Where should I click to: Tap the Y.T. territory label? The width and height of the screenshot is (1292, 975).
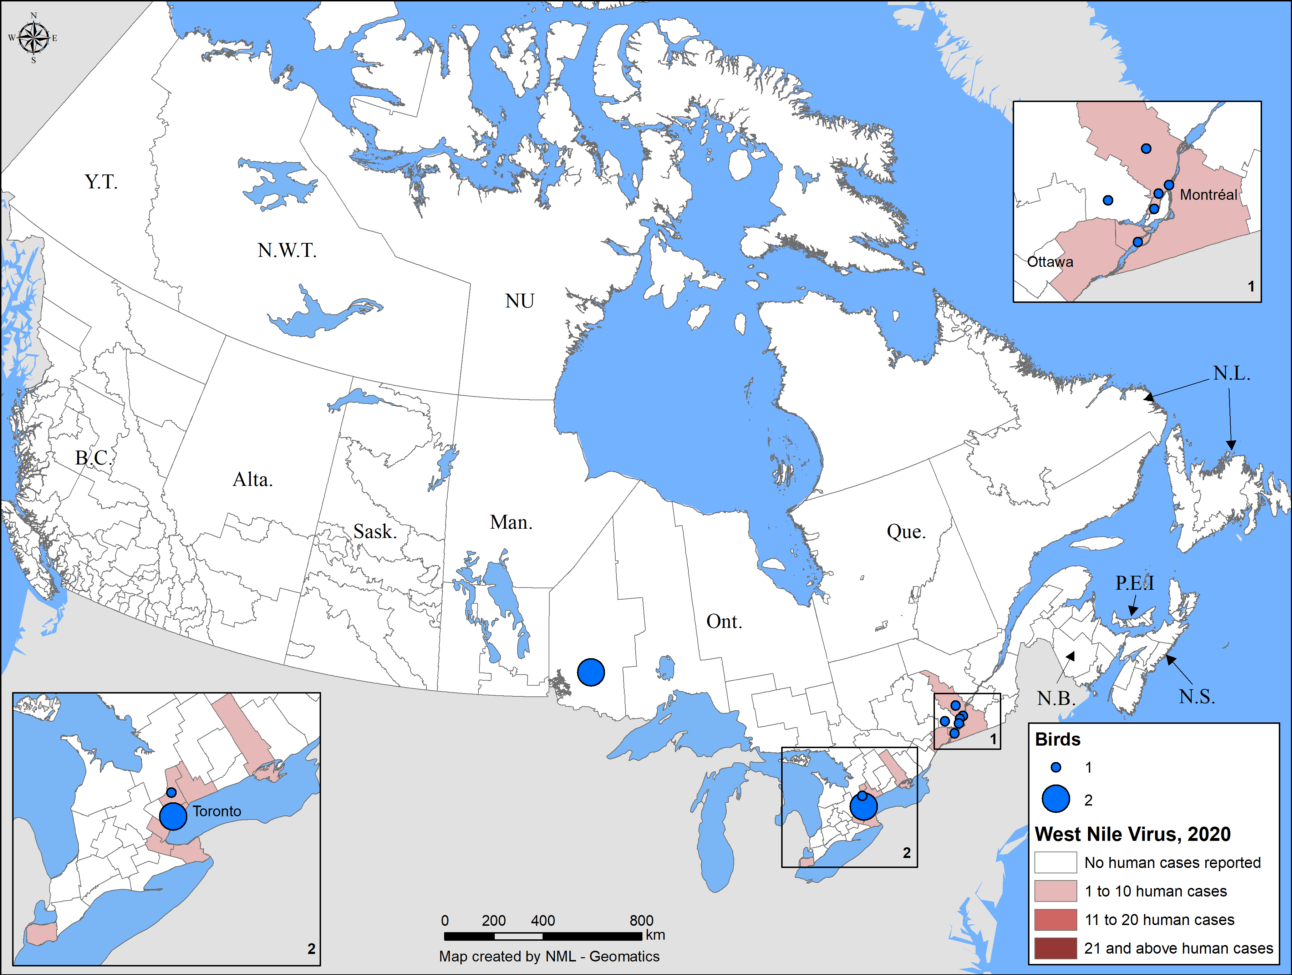(x=101, y=182)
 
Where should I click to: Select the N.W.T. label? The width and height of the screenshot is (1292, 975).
(x=287, y=250)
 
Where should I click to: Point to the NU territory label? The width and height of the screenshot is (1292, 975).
(x=519, y=301)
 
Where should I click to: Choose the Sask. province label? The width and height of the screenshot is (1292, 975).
(x=375, y=532)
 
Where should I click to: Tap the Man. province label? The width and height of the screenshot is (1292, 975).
(x=511, y=522)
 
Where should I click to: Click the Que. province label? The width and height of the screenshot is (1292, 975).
(x=906, y=532)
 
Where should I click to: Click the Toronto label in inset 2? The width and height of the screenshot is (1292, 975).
(x=217, y=811)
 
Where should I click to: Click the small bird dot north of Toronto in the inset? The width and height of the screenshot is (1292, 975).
(x=171, y=792)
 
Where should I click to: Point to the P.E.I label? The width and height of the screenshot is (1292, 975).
(x=1134, y=583)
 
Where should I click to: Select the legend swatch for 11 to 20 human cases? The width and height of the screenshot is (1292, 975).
(x=1055, y=919)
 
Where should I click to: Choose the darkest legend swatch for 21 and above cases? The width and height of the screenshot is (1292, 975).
(x=1055, y=948)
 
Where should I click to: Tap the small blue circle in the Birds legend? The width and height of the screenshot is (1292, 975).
(x=1056, y=767)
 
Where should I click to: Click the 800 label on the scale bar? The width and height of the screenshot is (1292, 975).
(x=641, y=921)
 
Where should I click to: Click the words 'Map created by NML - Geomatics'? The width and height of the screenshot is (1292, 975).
(x=549, y=956)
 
